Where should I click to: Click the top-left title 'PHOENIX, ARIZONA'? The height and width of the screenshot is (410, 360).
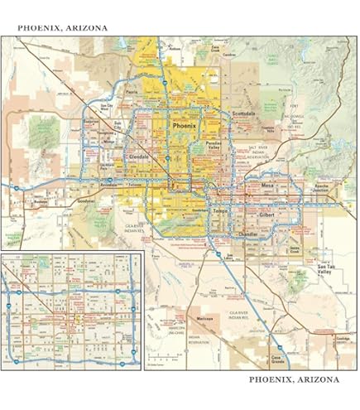click(x=62, y=27)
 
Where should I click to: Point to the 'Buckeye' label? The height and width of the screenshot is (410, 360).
click(x=41, y=200)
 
